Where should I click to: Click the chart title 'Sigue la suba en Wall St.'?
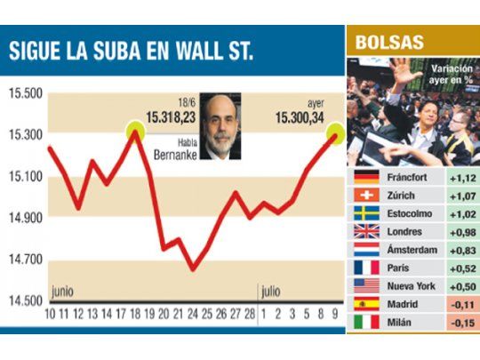(x=131, y=50)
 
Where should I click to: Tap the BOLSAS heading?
(x=389, y=42)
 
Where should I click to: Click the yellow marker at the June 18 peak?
(x=135, y=131)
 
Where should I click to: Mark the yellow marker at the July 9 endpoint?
(x=336, y=134)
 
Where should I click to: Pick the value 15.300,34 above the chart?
(x=300, y=115)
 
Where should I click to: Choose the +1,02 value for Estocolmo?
(x=460, y=213)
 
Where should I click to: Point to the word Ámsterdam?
(x=412, y=251)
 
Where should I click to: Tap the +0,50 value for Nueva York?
(x=460, y=286)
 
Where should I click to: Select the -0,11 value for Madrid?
(x=460, y=305)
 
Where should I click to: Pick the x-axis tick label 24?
(x=192, y=313)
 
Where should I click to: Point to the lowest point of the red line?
(x=192, y=268)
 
